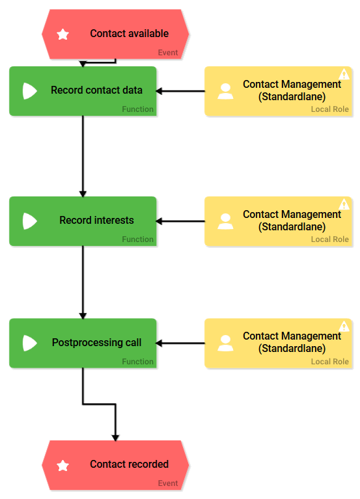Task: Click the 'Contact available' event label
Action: tap(129, 34)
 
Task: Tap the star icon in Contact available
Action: tap(63, 34)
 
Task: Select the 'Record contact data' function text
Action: tap(96, 90)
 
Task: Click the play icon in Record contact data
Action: tap(29, 91)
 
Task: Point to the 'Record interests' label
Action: tap(96, 221)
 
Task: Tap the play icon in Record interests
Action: tap(29, 221)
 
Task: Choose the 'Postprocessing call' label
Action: tap(96, 342)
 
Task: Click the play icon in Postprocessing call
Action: tap(29, 343)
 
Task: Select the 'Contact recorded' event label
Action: tap(129, 465)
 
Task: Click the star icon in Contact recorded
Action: tap(63, 465)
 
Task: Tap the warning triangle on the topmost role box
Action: tap(344, 74)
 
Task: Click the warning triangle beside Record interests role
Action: tap(344, 204)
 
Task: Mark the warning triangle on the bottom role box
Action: tap(344, 326)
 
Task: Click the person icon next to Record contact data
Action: tap(225, 91)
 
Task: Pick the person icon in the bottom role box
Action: tap(225, 343)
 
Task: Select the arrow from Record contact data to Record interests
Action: tap(83, 156)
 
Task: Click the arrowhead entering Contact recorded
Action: tap(115, 437)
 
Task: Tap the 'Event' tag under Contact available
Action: tap(167, 53)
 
